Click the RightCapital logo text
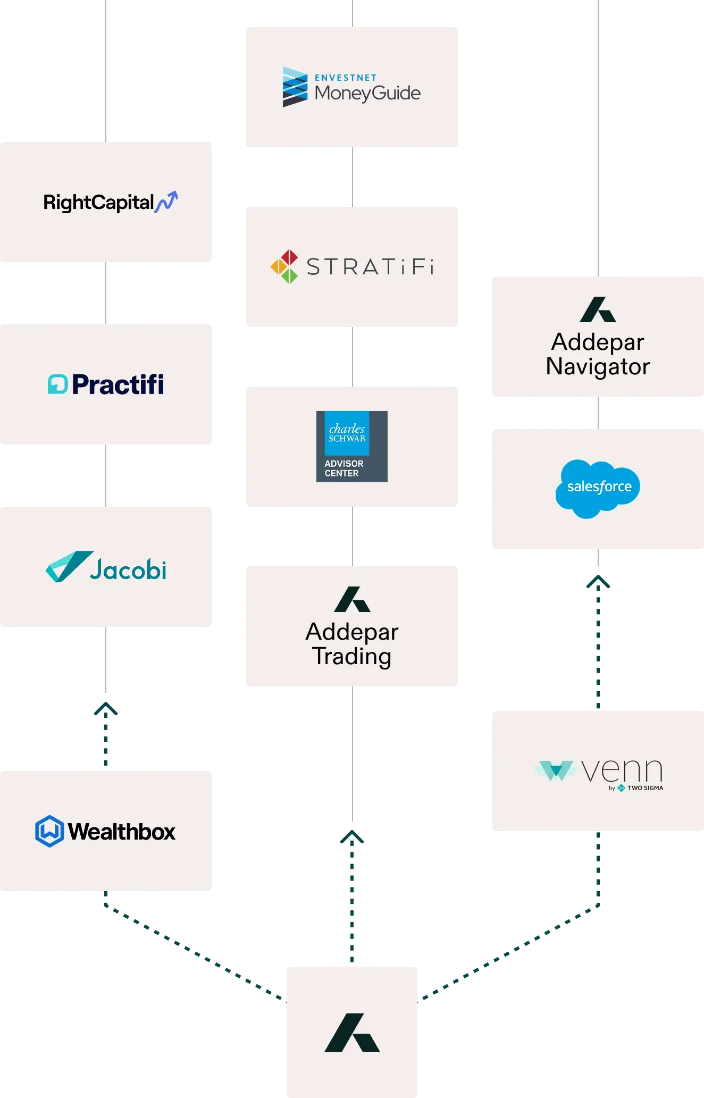coord(99,203)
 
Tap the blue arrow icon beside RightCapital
coord(166,202)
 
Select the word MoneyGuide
coord(367,94)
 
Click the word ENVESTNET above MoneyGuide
coord(346,78)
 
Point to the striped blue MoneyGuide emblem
coord(295,87)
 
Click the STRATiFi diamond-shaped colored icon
coord(284,266)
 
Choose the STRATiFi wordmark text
coord(370,267)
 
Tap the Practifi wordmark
coord(118,384)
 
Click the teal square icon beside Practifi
coord(57,384)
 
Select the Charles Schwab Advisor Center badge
coord(351,447)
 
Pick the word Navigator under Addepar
coord(598,367)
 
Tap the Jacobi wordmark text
coord(128,570)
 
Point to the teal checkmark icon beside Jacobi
coord(68,566)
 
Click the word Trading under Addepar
coord(351,657)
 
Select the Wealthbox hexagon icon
coord(49,831)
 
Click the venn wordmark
coord(622,770)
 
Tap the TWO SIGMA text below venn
coord(645,788)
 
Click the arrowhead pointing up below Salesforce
coord(598,583)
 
